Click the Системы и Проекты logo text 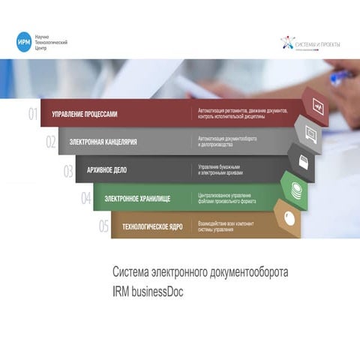pyautogui.click(x=317, y=44)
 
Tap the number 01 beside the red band pyautogui.click(x=33, y=115)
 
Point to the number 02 pyautogui.click(x=51, y=141)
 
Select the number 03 pyautogui.click(x=68, y=170)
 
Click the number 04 pyautogui.click(x=86, y=198)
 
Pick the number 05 pyautogui.click(x=103, y=226)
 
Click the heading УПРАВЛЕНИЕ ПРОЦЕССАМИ pyautogui.click(x=84, y=115)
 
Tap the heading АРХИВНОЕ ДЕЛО pyautogui.click(x=106, y=169)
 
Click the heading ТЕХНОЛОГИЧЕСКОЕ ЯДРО pyautogui.click(x=154, y=226)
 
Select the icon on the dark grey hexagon pyautogui.click(x=303, y=161)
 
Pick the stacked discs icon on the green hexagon pyautogui.click(x=296, y=189)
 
